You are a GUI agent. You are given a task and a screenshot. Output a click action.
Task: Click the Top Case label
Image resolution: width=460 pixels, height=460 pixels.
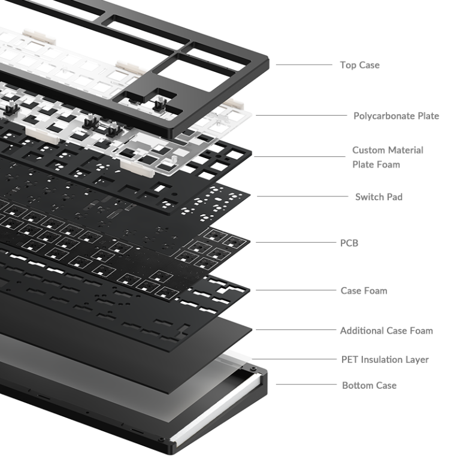[x=359, y=65]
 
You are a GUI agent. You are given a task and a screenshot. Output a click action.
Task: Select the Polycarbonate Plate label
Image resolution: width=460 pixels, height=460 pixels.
[x=396, y=116]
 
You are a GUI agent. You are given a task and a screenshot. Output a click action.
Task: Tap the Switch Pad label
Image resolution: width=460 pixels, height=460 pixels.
[x=379, y=197]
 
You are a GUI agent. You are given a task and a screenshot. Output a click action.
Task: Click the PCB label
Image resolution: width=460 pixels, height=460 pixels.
[x=349, y=243]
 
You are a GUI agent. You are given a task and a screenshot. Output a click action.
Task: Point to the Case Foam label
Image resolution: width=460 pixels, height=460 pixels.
[x=364, y=290]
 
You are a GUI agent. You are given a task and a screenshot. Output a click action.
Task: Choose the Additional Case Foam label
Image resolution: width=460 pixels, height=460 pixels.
[x=386, y=331]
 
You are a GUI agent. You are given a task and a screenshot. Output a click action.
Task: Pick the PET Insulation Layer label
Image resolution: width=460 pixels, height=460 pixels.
[x=385, y=359]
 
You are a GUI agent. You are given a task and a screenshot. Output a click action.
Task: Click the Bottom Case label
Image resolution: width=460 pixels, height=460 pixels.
[x=369, y=385]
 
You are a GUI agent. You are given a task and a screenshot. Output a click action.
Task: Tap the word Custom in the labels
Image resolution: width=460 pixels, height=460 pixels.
[x=371, y=150]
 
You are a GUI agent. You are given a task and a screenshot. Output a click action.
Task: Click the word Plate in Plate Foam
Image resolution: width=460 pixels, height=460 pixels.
[x=363, y=165]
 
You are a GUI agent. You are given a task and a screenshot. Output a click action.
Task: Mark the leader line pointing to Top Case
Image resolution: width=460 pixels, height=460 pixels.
[x=304, y=65]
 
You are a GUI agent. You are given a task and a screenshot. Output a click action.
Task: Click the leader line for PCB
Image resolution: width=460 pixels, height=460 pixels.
[x=296, y=243]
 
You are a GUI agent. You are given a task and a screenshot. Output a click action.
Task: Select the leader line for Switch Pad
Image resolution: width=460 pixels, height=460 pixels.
[x=302, y=196]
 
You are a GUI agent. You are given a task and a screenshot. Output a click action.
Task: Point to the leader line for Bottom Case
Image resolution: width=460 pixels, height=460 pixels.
[x=306, y=385]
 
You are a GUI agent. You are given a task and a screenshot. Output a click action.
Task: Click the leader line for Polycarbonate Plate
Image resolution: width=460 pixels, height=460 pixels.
[x=301, y=115]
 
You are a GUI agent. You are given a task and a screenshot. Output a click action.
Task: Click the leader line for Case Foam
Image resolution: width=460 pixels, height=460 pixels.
[x=296, y=290]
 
